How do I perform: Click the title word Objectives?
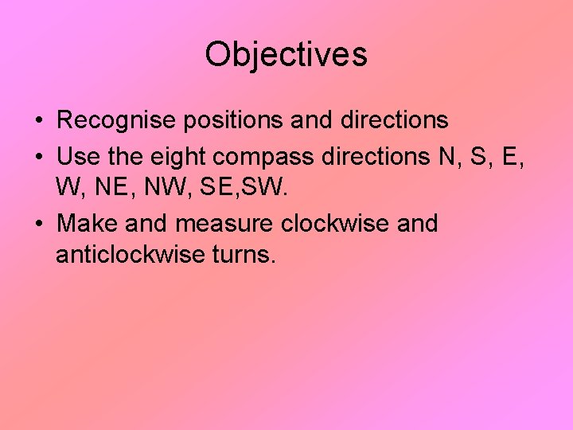tap(286, 55)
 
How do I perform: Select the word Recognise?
tap(116, 121)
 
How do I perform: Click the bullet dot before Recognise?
tap(38, 122)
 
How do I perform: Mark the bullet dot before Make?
tap(38, 225)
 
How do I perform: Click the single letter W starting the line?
tap(67, 190)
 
